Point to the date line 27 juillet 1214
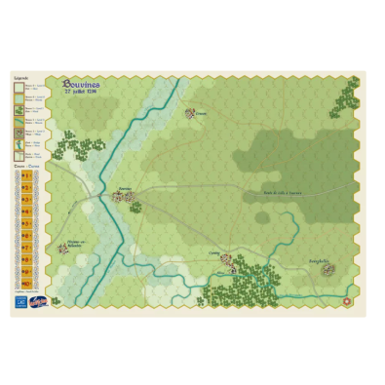tap(78, 95)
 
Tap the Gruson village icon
tap(190, 113)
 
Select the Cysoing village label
tap(215, 252)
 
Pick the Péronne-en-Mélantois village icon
tap(62, 248)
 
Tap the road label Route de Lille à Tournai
tap(282, 192)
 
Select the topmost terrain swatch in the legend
tap(19, 87)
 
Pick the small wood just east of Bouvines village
tap(135, 206)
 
